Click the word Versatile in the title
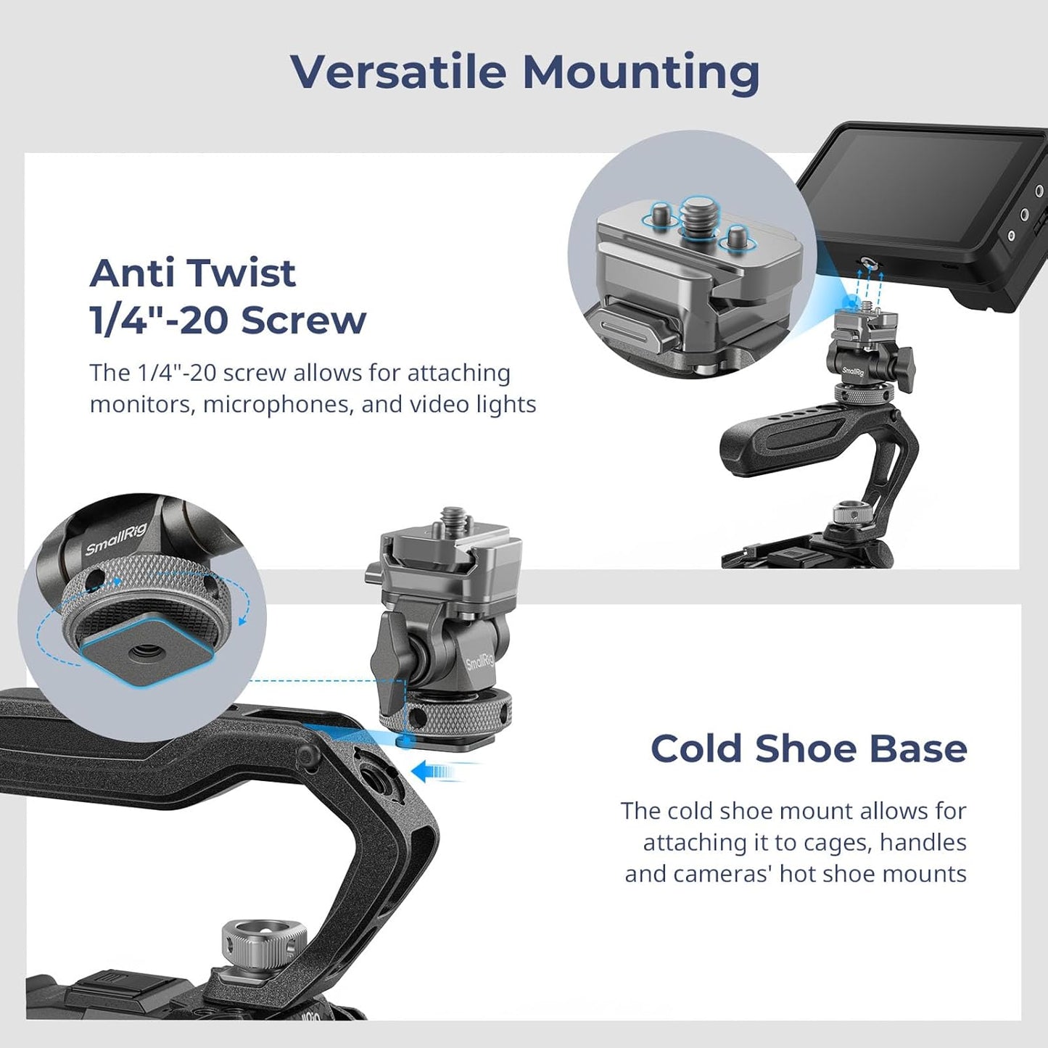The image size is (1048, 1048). click(x=398, y=72)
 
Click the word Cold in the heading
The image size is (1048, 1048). click(x=696, y=748)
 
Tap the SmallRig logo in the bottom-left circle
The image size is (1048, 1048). click(x=116, y=540)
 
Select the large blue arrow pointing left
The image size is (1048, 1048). click(x=434, y=772)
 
